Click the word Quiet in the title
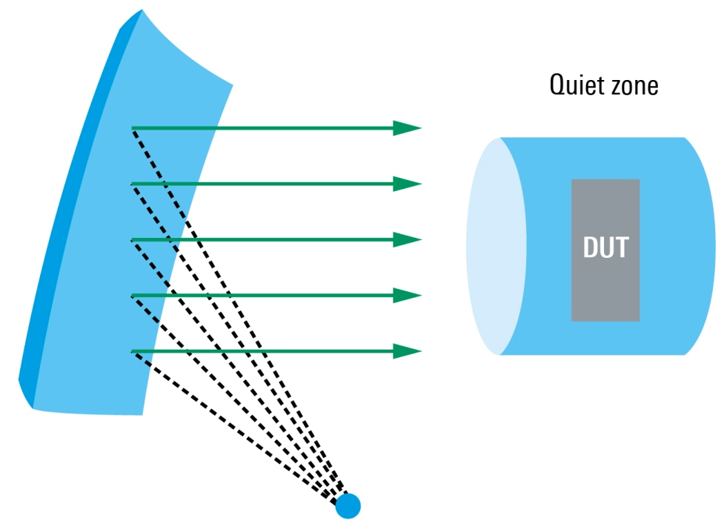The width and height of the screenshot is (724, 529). click(x=574, y=85)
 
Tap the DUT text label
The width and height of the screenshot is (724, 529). click(x=605, y=247)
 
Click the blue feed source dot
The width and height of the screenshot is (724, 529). click(x=348, y=506)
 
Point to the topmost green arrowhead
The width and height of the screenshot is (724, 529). click(x=407, y=128)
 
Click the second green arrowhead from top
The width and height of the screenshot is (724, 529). click(x=407, y=184)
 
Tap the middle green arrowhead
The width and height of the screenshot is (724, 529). click(x=407, y=239)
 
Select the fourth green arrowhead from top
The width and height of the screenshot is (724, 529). click(x=407, y=296)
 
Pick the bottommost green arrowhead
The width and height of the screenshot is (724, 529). click(x=407, y=350)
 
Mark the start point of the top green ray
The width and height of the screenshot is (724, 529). click(x=133, y=129)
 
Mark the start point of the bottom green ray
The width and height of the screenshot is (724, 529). click(x=133, y=351)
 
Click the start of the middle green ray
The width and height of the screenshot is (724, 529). click(x=133, y=240)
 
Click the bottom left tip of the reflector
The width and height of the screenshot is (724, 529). click(x=31, y=407)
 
